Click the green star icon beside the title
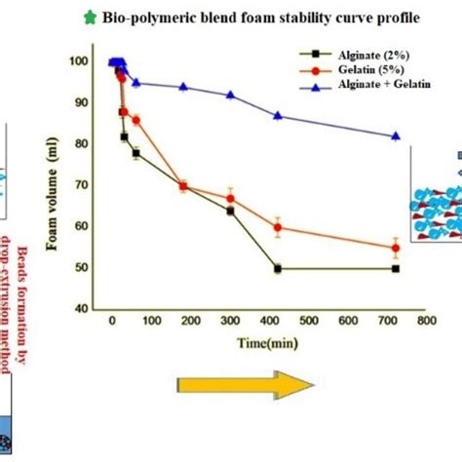tap(92, 18)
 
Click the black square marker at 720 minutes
tap(395, 268)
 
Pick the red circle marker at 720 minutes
tap(395, 248)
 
